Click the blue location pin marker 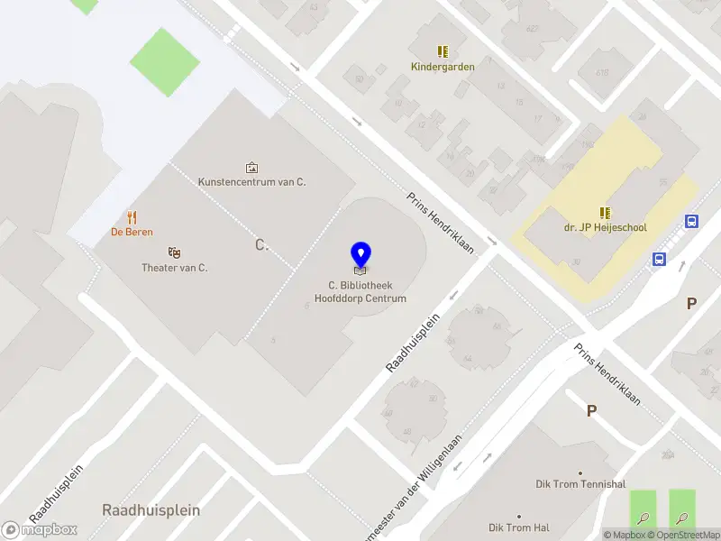[x=360, y=253]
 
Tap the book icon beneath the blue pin [x=360, y=270]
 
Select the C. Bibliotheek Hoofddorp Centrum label [x=360, y=292]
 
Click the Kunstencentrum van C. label [x=252, y=182]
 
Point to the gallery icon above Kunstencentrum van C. [x=251, y=167]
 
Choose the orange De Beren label [x=132, y=232]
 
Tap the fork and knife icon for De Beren [x=132, y=216]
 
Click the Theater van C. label [x=175, y=268]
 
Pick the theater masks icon [x=175, y=252]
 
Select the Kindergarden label [x=443, y=67]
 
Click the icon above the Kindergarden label [x=443, y=51]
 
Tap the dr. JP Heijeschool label [x=606, y=228]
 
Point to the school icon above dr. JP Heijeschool [x=606, y=213]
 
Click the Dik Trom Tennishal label [x=580, y=484]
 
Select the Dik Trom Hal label [x=519, y=527]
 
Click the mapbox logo [x=40, y=529]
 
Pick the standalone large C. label [x=262, y=244]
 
